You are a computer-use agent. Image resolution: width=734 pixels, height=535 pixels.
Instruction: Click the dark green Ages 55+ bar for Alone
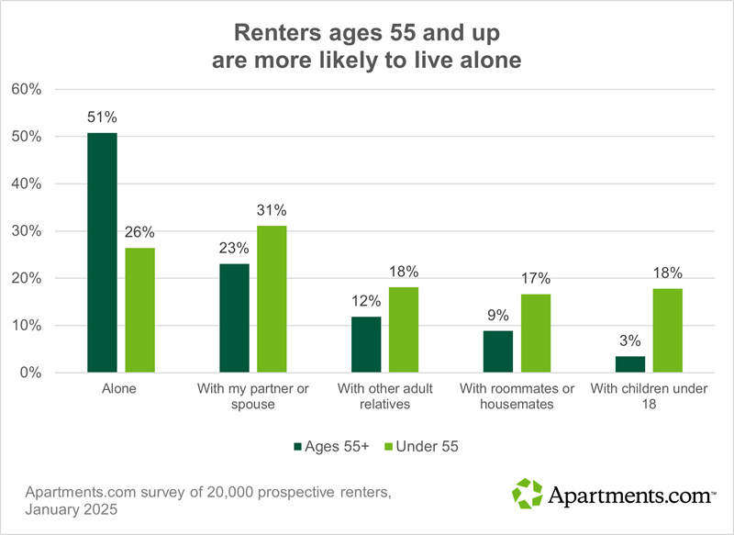point(102,252)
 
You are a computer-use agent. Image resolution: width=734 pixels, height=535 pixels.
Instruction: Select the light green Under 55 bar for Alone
point(140,310)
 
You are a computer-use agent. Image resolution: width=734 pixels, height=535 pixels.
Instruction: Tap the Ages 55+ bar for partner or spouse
point(234,318)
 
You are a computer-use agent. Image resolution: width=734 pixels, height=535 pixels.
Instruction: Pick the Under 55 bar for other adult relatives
point(404,329)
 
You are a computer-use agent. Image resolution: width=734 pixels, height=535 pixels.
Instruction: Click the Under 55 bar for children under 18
point(667,330)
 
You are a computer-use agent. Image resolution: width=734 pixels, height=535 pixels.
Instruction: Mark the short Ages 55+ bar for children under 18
point(629,364)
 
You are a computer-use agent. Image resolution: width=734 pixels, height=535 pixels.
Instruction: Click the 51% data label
point(102,117)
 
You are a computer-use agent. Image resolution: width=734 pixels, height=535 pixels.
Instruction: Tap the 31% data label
point(272,209)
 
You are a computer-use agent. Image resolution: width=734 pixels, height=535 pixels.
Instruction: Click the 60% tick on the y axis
point(27,89)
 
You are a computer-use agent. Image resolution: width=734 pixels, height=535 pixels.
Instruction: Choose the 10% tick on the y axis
point(27,326)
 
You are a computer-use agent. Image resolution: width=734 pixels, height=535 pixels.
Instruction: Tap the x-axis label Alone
point(120,389)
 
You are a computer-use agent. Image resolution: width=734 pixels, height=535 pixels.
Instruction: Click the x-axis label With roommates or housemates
point(517,396)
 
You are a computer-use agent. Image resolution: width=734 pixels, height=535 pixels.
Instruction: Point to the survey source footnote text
point(206,501)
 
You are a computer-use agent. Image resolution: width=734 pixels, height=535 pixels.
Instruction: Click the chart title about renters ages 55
point(367,46)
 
